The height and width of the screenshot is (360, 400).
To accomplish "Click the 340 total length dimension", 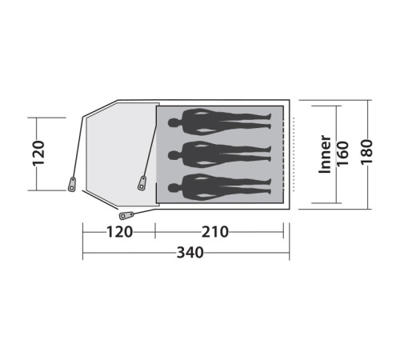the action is (x=190, y=252).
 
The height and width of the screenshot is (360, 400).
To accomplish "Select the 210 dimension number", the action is (x=215, y=232).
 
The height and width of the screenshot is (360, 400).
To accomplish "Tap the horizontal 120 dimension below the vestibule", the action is (x=119, y=232).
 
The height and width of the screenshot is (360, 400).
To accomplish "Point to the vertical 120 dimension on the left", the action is (x=38, y=154).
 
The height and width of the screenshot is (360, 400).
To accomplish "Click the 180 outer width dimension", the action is (x=366, y=152).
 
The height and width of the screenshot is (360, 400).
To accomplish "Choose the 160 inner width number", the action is (x=342, y=154).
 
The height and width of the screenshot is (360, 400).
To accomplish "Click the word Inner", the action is (x=325, y=154).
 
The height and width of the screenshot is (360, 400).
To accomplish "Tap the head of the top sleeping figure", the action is (x=174, y=123).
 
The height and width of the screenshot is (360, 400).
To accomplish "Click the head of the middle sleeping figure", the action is (x=174, y=155).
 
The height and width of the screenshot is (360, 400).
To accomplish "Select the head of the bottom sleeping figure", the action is (x=174, y=188).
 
